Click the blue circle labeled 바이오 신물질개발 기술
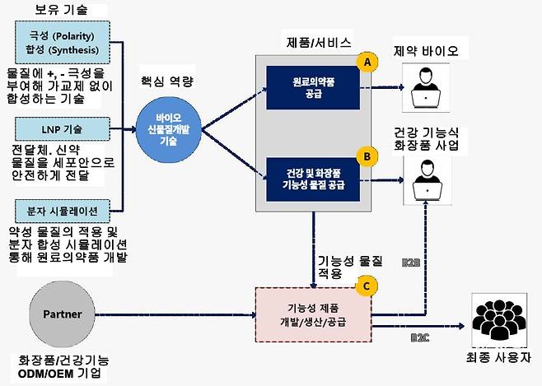[171, 128]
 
